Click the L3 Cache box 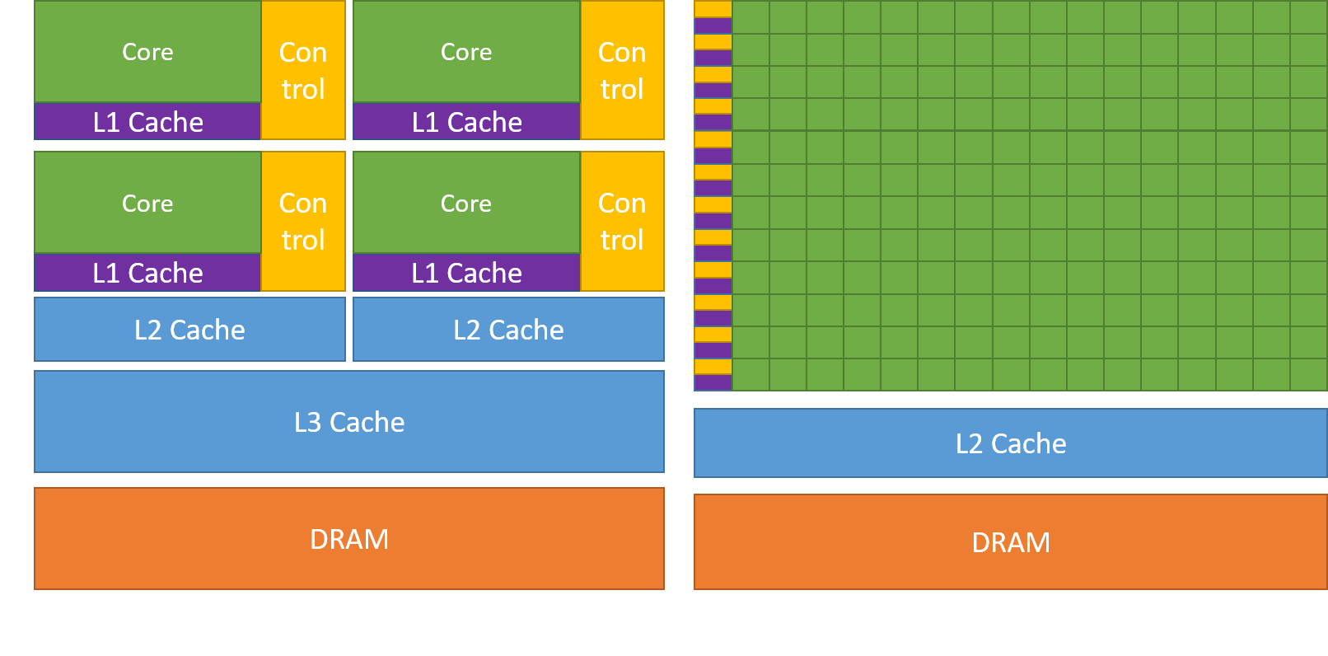coord(349,421)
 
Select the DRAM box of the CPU coord(349,538)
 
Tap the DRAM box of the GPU coord(1010,541)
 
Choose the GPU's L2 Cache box coord(1010,443)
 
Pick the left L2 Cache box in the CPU coord(189,329)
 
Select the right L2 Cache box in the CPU coord(508,329)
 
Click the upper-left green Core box coord(147,51)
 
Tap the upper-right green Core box coord(466,51)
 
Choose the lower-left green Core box coord(147,203)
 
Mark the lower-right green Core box coord(466,203)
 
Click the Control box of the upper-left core coord(303,70)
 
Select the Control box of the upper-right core coord(622,70)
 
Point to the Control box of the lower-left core coord(303,221)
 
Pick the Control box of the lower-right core coord(622,221)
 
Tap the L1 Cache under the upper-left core coord(147,121)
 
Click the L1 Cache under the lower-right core coord(466,273)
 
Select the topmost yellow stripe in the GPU coord(713,8)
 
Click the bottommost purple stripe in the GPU coord(713,382)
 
